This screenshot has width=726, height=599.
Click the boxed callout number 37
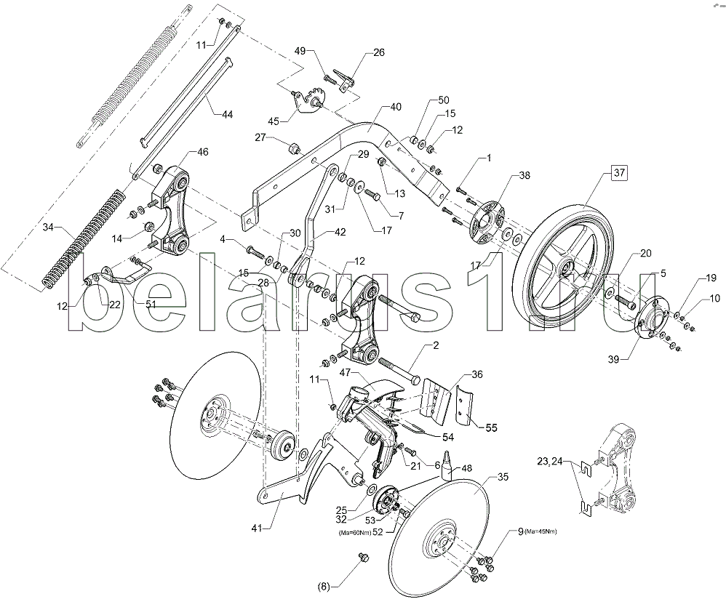tap(619, 173)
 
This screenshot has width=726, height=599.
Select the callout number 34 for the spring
tap(48, 228)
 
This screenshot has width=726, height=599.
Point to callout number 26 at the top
tap(378, 52)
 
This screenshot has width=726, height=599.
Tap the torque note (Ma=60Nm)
tap(354, 534)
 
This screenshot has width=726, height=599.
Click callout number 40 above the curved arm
tap(395, 107)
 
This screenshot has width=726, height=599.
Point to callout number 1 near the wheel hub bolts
tap(489, 158)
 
